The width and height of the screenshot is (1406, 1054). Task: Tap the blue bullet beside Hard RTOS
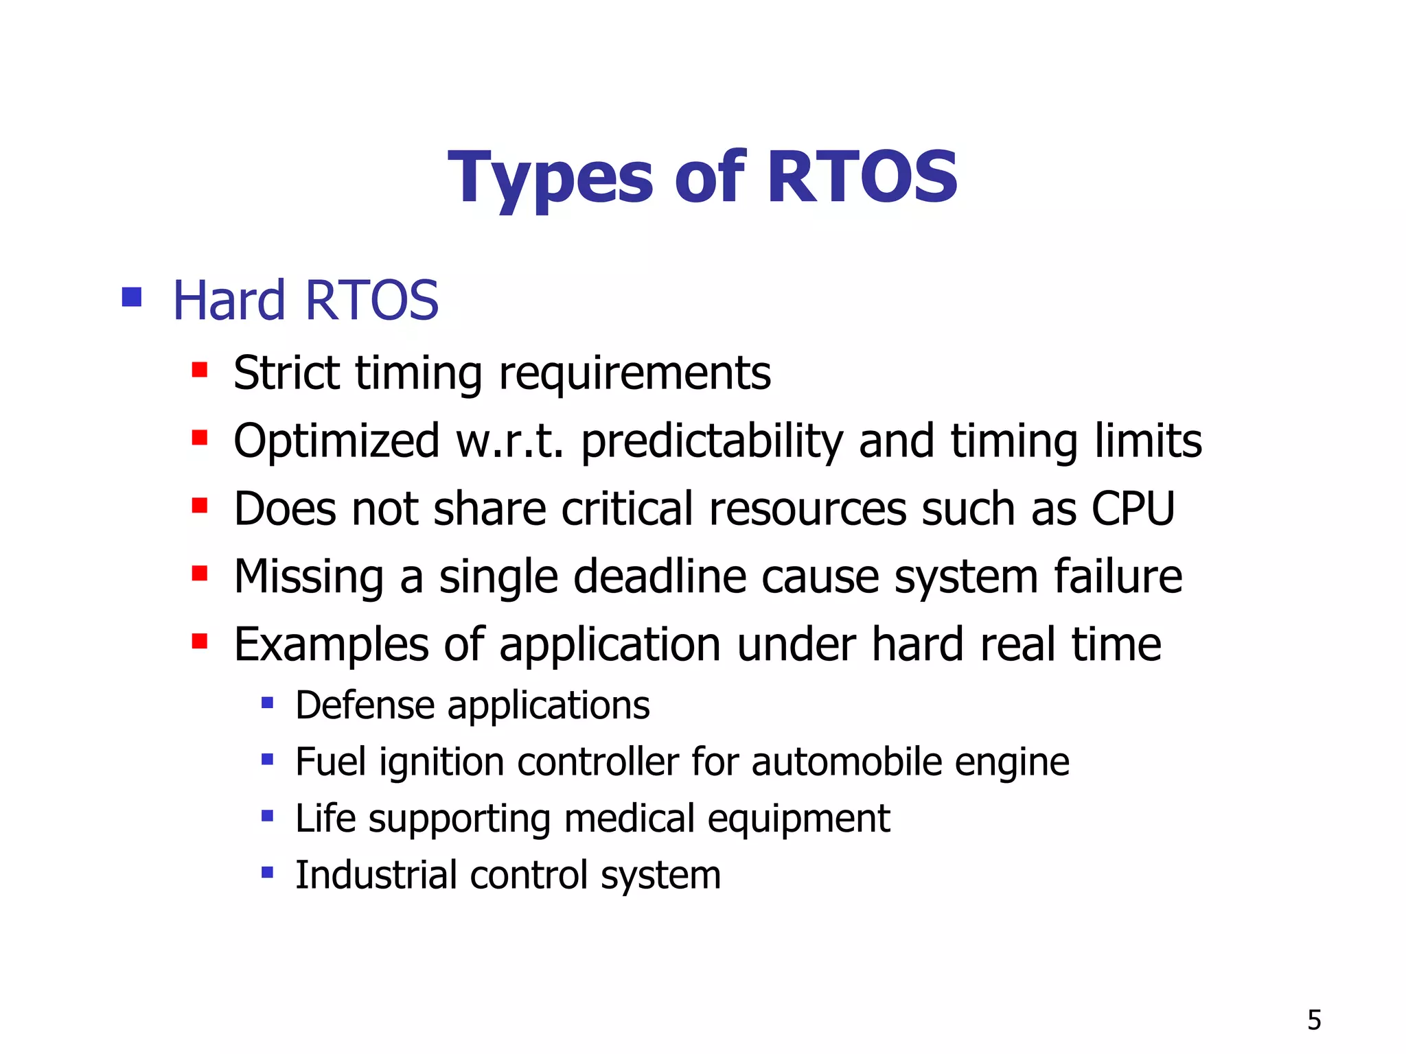click(x=131, y=297)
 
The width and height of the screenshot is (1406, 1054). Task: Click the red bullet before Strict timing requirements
click(x=200, y=371)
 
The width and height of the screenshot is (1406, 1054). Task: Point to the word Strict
click(x=286, y=373)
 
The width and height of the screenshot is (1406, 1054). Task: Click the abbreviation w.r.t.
click(x=509, y=441)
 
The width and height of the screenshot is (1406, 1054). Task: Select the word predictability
click(x=712, y=441)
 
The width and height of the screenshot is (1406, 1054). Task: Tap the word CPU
click(x=1133, y=509)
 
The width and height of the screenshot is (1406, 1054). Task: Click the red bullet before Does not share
click(x=200, y=506)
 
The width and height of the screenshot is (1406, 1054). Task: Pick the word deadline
click(x=659, y=576)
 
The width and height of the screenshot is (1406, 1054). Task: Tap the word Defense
click(x=365, y=705)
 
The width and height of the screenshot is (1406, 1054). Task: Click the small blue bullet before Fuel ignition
click(x=268, y=760)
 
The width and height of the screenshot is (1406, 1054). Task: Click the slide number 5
click(x=1314, y=1020)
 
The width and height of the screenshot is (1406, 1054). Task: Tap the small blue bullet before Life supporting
click(x=268, y=816)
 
